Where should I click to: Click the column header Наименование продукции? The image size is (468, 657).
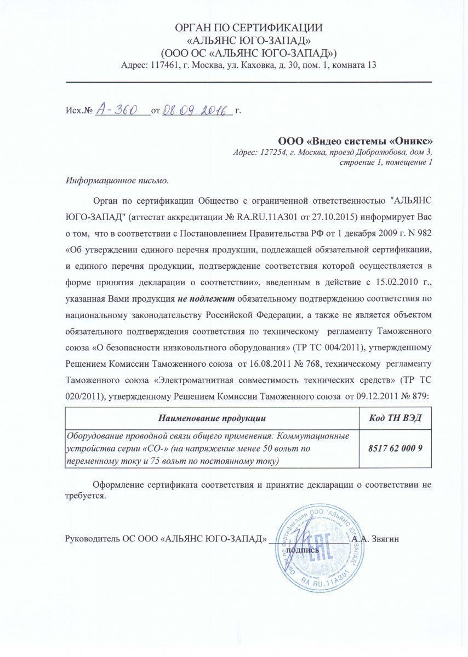(x=212, y=419)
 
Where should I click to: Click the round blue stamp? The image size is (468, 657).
(x=320, y=547)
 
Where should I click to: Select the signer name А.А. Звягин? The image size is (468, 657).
(x=375, y=539)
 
